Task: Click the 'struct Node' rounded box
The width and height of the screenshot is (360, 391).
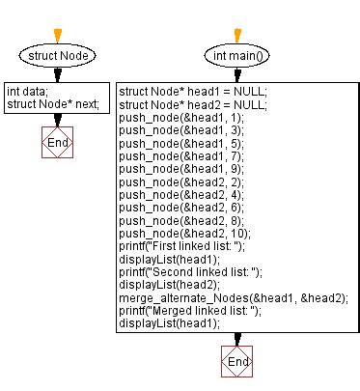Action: (x=58, y=57)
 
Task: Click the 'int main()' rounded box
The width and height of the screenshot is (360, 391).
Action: (x=235, y=57)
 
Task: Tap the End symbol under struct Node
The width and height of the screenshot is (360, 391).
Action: (x=58, y=143)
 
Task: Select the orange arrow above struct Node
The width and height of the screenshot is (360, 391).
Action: (x=58, y=35)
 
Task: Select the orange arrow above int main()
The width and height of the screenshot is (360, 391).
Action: (x=235, y=35)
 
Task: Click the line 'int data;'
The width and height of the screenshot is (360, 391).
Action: (x=27, y=92)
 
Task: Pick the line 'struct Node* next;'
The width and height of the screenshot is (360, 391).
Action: (x=53, y=104)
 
